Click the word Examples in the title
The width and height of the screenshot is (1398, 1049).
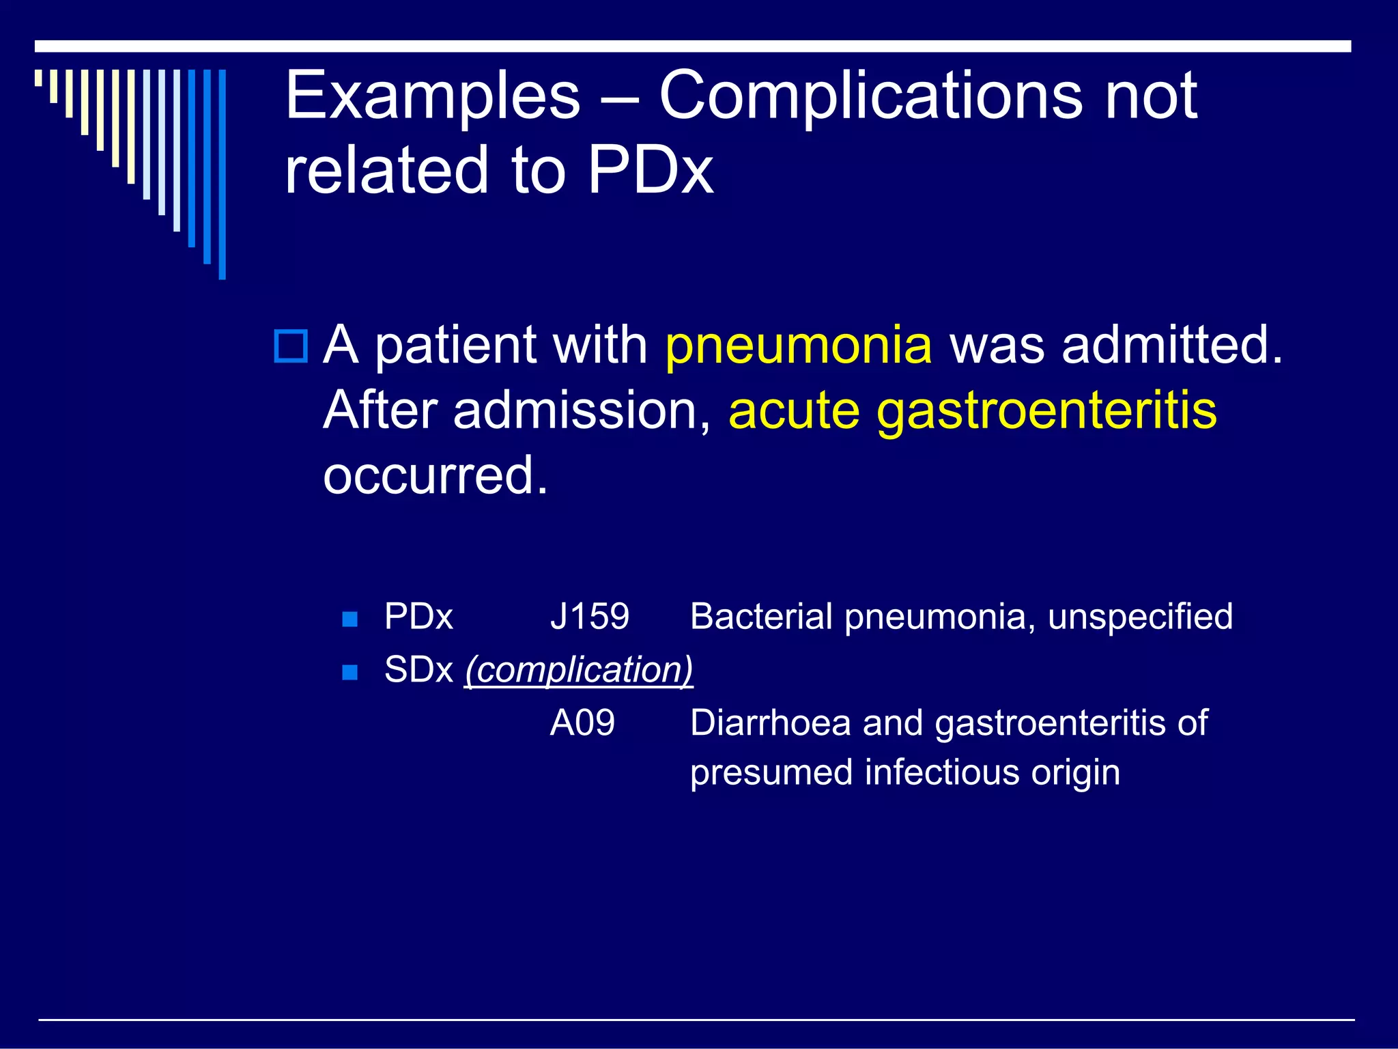(433, 97)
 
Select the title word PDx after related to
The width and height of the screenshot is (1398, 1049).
(650, 171)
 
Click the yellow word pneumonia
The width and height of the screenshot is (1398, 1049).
(798, 346)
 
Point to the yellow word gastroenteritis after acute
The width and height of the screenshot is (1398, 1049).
(1046, 411)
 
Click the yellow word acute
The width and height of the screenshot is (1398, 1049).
(794, 411)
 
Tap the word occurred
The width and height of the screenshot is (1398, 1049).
(435, 476)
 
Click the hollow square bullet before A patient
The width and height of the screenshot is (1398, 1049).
(291, 346)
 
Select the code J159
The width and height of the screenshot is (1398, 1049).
(589, 617)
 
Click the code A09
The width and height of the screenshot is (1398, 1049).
(582, 723)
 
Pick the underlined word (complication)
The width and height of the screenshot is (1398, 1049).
(579, 670)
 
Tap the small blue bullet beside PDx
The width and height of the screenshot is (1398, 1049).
(349, 619)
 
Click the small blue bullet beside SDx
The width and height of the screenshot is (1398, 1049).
(349, 673)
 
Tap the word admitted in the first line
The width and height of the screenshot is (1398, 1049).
(1171, 346)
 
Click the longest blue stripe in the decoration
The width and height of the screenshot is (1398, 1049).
(222, 174)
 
